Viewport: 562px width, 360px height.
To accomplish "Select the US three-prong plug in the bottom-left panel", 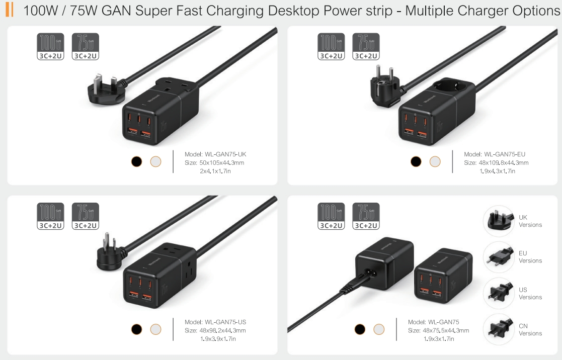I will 108,251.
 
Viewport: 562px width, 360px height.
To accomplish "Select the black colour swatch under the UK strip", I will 136,161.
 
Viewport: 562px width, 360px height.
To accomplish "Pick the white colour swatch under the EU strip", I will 435,161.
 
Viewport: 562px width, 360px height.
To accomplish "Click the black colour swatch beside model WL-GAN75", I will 360,329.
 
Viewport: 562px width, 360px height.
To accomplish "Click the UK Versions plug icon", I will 499,221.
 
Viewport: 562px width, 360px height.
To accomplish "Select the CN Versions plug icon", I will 499,329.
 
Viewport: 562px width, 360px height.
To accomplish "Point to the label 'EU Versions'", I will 530,257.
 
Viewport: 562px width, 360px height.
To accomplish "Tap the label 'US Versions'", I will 530,294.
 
